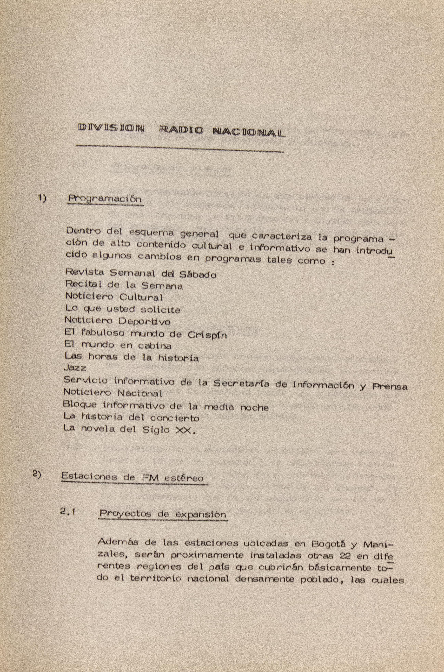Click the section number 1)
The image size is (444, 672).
[x=42, y=199]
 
